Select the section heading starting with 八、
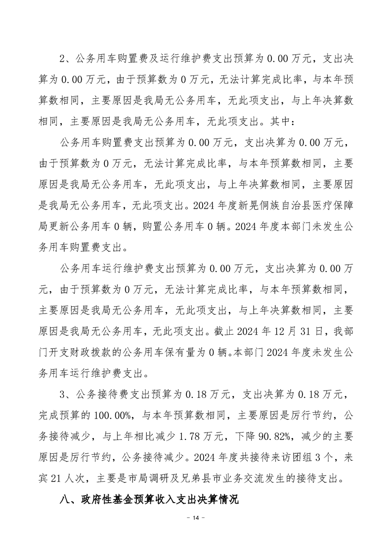(x=148, y=500)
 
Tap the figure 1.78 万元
(x=191, y=436)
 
